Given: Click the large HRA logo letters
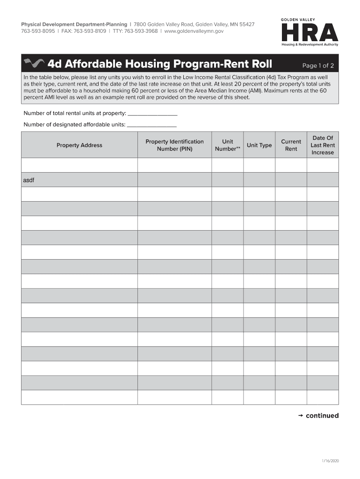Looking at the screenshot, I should tap(309, 33).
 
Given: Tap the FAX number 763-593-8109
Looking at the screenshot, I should tap(90, 31).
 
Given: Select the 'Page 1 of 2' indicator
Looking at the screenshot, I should tap(318, 65).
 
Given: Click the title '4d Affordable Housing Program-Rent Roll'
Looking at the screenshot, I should tap(159, 64).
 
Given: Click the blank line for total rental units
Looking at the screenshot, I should tap(152, 113).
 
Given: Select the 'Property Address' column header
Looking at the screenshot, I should tap(79, 145).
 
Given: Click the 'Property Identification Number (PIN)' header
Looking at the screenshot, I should tap(174, 145).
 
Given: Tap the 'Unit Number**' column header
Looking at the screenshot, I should tap(227, 145).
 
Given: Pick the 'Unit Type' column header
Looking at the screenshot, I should tap(259, 145).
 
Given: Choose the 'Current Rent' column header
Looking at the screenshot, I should tap(291, 145).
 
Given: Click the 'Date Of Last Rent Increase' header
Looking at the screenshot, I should tap(323, 145).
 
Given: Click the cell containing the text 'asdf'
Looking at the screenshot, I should tap(79, 180).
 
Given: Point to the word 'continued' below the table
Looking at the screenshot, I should tap(322, 415).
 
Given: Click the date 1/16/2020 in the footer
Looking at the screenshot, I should tap(330, 461).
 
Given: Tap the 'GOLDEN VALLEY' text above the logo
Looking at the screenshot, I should tap(298, 20).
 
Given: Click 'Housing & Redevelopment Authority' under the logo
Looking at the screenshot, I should tap(310, 45).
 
